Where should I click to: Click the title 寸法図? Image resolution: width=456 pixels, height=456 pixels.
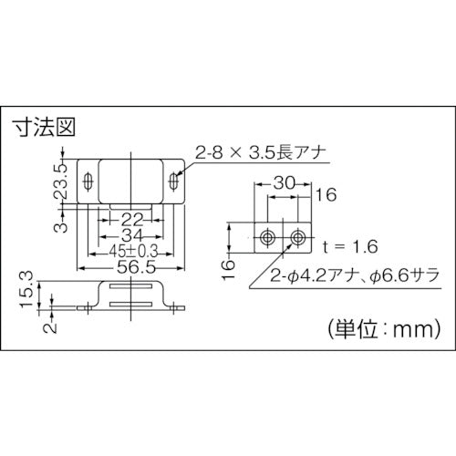[44, 127]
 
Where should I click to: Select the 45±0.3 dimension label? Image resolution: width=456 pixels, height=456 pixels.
[133, 252]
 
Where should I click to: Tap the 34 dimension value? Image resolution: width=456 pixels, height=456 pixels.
[131, 236]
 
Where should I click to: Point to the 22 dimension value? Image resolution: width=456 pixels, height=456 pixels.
[132, 220]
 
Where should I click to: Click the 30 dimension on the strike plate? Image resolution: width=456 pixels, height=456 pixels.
[285, 183]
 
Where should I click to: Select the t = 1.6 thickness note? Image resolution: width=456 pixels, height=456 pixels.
[350, 246]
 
